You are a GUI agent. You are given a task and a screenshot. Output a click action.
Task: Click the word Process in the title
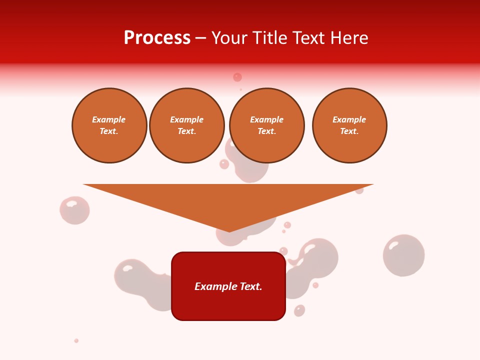click(157, 38)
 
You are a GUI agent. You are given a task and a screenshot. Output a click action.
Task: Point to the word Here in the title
click(349, 38)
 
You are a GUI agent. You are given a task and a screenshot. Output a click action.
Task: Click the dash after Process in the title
click(200, 38)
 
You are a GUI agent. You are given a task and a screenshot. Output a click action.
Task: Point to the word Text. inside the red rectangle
click(251, 286)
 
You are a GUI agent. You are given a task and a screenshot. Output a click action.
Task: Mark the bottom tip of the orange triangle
click(229, 231)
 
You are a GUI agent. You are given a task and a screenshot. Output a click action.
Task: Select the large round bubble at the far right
click(404, 255)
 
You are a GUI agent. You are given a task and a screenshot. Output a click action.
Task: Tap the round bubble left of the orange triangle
click(74, 210)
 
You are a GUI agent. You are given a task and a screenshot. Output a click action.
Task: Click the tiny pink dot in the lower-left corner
click(76, 340)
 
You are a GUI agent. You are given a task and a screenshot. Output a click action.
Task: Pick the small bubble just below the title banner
click(237, 77)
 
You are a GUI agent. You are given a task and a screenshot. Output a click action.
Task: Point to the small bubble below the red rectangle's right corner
click(299, 310)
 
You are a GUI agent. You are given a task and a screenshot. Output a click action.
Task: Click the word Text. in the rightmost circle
click(349, 131)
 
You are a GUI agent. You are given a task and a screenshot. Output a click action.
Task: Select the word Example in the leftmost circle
click(109, 119)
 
